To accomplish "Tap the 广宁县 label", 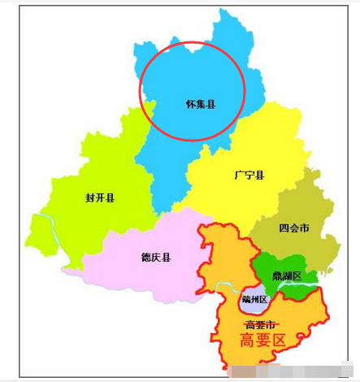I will pyautogui.click(x=249, y=175).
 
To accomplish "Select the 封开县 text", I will pyautogui.click(x=99, y=198).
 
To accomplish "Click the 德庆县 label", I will pyautogui.click(x=155, y=258).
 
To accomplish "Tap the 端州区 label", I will pyautogui.click(x=254, y=300).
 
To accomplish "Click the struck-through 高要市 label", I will pyautogui.click(x=260, y=324).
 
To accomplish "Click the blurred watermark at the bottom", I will pyautogui.click(x=284, y=373).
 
